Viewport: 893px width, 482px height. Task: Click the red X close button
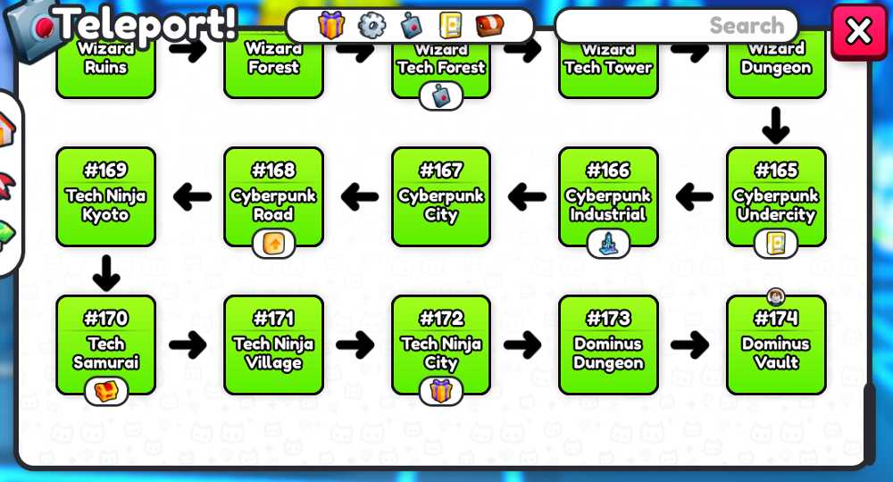(x=858, y=31)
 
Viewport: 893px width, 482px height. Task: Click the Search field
(x=676, y=26)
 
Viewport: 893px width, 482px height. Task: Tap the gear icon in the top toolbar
(x=371, y=25)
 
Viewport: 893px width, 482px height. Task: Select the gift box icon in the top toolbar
(x=331, y=25)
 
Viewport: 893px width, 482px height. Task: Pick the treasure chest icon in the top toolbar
(x=489, y=26)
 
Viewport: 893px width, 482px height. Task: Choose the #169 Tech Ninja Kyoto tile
(x=106, y=197)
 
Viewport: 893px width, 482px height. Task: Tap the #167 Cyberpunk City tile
(x=441, y=197)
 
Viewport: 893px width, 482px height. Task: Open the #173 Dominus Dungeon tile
(x=608, y=345)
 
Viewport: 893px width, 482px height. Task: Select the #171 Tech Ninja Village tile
(x=273, y=345)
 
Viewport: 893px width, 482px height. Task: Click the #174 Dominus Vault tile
(x=776, y=345)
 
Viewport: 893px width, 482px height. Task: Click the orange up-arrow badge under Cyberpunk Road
(x=274, y=245)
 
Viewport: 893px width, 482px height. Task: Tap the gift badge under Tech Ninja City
(x=441, y=392)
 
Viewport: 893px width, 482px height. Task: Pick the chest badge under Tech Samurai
(x=106, y=392)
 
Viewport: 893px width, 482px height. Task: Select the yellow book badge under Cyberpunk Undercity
(x=776, y=245)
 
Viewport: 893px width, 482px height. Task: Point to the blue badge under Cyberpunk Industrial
(x=608, y=245)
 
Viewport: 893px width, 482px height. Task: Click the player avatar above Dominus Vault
(x=776, y=296)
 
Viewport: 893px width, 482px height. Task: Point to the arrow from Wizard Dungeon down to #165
(x=776, y=125)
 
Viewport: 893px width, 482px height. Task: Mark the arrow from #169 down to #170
(x=106, y=273)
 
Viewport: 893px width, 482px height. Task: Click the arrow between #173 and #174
(x=689, y=345)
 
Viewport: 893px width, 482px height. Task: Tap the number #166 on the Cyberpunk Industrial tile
(x=607, y=170)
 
